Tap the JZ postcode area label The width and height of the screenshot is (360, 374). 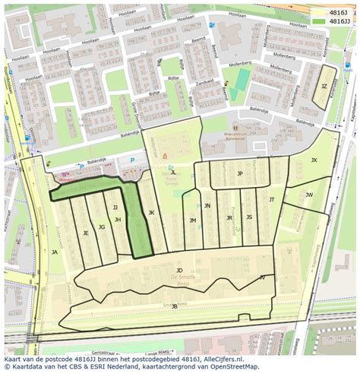[x=324, y=87]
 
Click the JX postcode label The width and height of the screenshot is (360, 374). [x=314, y=160]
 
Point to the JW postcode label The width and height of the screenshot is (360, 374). [x=309, y=195]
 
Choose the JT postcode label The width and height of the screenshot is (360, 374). [x=271, y=199]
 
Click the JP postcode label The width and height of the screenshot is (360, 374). [x=240, y=173]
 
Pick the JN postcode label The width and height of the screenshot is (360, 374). [x=207, y=205]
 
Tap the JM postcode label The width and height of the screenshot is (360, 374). [x=193, y=220]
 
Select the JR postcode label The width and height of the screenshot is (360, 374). [x=229, y=217]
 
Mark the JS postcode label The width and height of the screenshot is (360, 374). [x=249, y=217]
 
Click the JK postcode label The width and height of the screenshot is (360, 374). [x=151, y=213]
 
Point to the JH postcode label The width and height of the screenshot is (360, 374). [x=118, y=220]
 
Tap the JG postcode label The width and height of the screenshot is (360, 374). [x=101, y=227]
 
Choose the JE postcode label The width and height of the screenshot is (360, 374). [x=85, y=233]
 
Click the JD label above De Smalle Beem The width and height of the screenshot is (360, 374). [x=179, y=270]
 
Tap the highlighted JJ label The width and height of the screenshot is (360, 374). [x=115, y=207]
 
